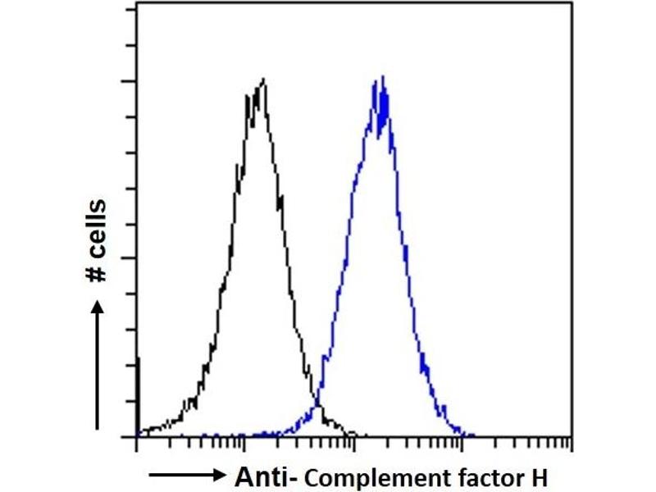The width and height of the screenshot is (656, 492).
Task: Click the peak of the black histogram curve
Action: point(262,80)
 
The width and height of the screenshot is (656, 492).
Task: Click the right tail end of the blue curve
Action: point(474,435)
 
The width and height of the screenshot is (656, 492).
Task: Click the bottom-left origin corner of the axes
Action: point(135,436)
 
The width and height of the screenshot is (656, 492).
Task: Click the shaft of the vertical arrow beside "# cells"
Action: point(97,369)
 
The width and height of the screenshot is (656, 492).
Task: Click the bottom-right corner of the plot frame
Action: point(572,436)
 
